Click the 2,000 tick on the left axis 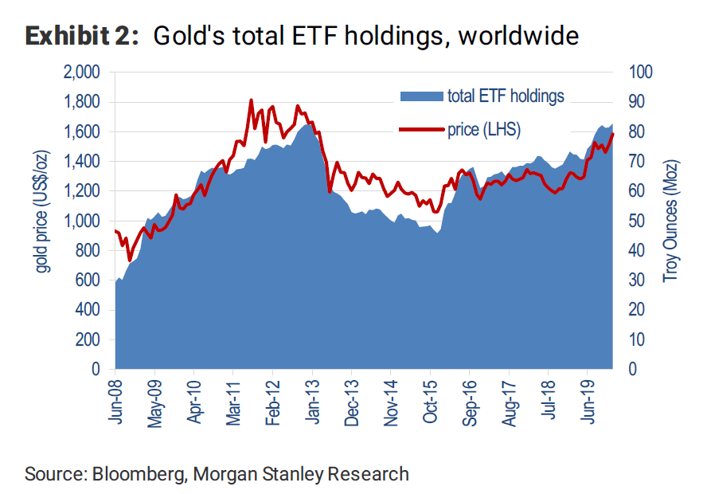click(80, 73)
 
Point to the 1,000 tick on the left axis click(80, 221)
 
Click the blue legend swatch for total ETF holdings click(421, 96)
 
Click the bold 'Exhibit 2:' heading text click(81, 36)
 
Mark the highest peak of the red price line click(251, 100)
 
